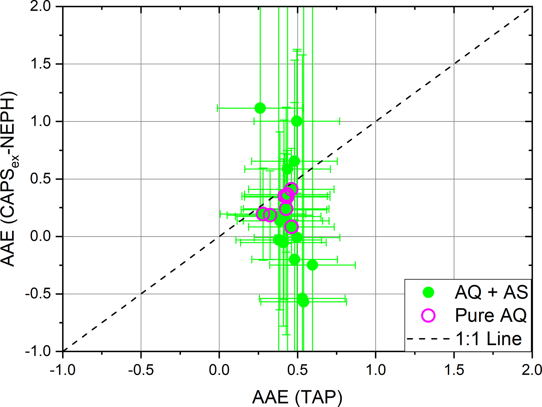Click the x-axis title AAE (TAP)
(297, 397)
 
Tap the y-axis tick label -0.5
(38, 294)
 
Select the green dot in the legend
(428, 292)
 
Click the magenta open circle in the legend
(428, 315)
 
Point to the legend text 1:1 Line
(489, 339)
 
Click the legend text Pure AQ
(491, 315)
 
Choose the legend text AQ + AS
(491, 292)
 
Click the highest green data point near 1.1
(260, 108)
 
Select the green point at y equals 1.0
(297, 121)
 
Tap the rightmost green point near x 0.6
(312, 265)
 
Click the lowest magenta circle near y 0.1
(291, 227)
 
